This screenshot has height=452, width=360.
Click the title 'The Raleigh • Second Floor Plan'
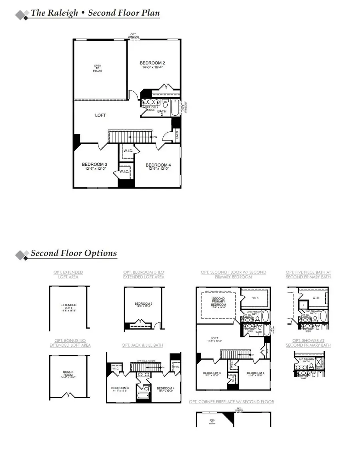[x=95, y=13]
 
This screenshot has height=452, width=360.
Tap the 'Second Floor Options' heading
[x=74, y=253]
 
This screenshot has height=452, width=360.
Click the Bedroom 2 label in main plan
[x=152, y=63]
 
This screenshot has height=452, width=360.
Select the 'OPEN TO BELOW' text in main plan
[x=98, y=68]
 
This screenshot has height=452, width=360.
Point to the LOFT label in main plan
[x=100, y=115]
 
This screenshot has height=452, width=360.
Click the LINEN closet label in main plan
[x=177, y=136]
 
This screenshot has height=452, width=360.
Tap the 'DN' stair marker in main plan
[x=155, y=137]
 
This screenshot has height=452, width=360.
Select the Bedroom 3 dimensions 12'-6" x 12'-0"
[x=94, y=169]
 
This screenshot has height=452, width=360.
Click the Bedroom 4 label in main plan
[x=158, y=165]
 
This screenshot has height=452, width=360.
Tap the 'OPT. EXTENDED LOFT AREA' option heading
[x=68, y=275]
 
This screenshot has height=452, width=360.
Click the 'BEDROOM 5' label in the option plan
[x=144, y=304]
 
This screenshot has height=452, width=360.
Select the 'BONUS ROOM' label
[x=68, y=374]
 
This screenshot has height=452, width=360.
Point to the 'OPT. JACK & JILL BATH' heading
[x=142, y=345]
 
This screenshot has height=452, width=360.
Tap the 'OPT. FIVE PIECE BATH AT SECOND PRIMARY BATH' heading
[x=308, y=275]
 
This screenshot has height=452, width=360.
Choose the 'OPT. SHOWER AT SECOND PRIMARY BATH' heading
[x=308, y=343]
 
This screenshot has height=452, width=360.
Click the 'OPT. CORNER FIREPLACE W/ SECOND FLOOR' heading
[x=231, y=402]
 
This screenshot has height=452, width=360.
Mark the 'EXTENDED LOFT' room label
[x=68, y=307]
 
